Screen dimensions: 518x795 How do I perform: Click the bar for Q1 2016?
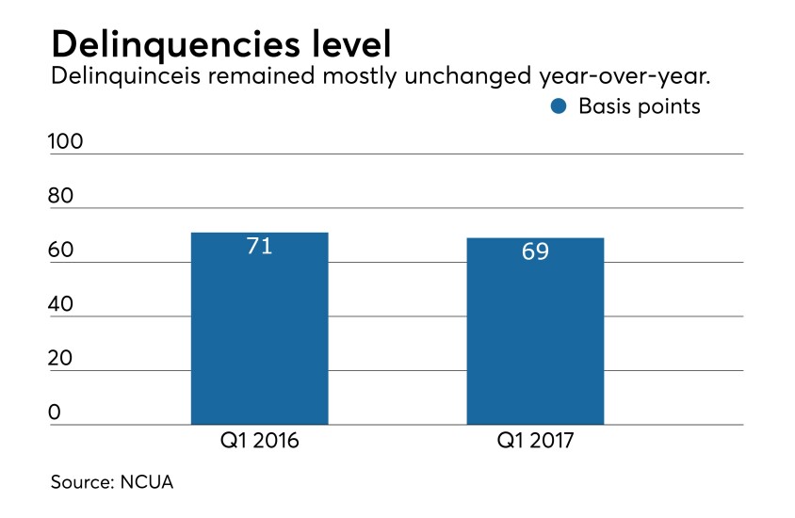tap(259, 330)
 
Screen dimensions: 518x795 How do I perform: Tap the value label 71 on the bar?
tap(259, 247)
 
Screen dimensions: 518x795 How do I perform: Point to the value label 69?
tap(535, 252)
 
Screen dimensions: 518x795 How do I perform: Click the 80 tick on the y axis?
tap(62, 197)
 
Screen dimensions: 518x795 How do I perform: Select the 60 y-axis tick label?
tap(62, 251)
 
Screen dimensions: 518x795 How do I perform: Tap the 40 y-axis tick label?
tap(62, 305)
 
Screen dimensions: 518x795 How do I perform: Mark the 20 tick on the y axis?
tap(62, 360)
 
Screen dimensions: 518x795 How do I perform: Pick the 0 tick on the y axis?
tap(56, 413)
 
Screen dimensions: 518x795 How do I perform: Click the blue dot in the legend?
tap(559, 106)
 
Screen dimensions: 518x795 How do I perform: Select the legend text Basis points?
tap(640, 106)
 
